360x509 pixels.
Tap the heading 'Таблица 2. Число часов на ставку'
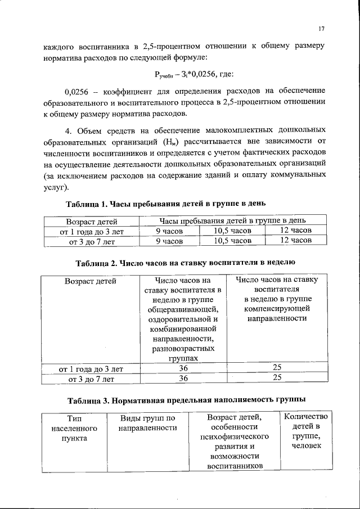(x=185, y=262)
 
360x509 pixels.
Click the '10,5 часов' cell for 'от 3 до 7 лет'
(x=232, y=241)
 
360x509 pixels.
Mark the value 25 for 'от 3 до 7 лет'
(x=277, y=378)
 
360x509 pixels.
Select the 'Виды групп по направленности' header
(x=148, y=423)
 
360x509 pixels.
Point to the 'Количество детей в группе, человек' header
(x=307, y=431)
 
